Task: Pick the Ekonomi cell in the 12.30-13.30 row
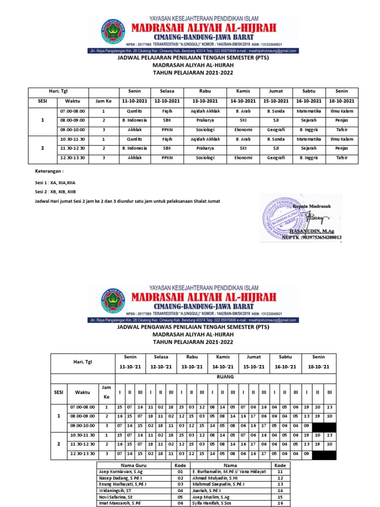(243, 157)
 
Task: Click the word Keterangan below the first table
(49, 170)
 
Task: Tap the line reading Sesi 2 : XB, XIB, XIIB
(55, 192)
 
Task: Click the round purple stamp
(287, 217)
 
